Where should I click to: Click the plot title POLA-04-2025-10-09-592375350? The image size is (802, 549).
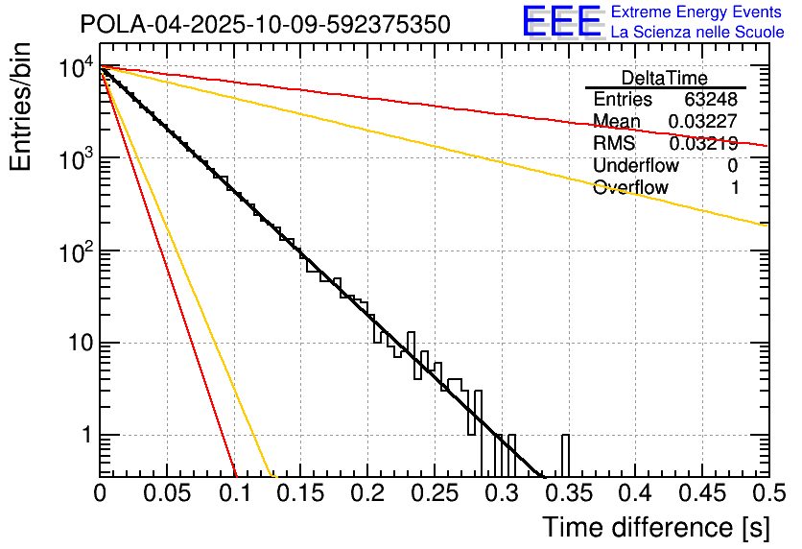point(265,24)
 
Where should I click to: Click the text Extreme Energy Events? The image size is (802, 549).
point(697,12)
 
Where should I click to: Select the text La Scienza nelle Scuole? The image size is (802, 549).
point(697,32)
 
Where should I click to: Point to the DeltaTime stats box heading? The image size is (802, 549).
point(665,78)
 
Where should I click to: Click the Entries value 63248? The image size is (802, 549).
point(711,100)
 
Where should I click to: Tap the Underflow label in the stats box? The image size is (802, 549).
point(635,166)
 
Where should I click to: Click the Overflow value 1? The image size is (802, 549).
point(734,188)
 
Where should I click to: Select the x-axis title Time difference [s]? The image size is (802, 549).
point(655,527)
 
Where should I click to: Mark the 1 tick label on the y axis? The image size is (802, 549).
point(84,436)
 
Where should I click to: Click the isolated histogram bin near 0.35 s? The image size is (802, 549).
point(565,455)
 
